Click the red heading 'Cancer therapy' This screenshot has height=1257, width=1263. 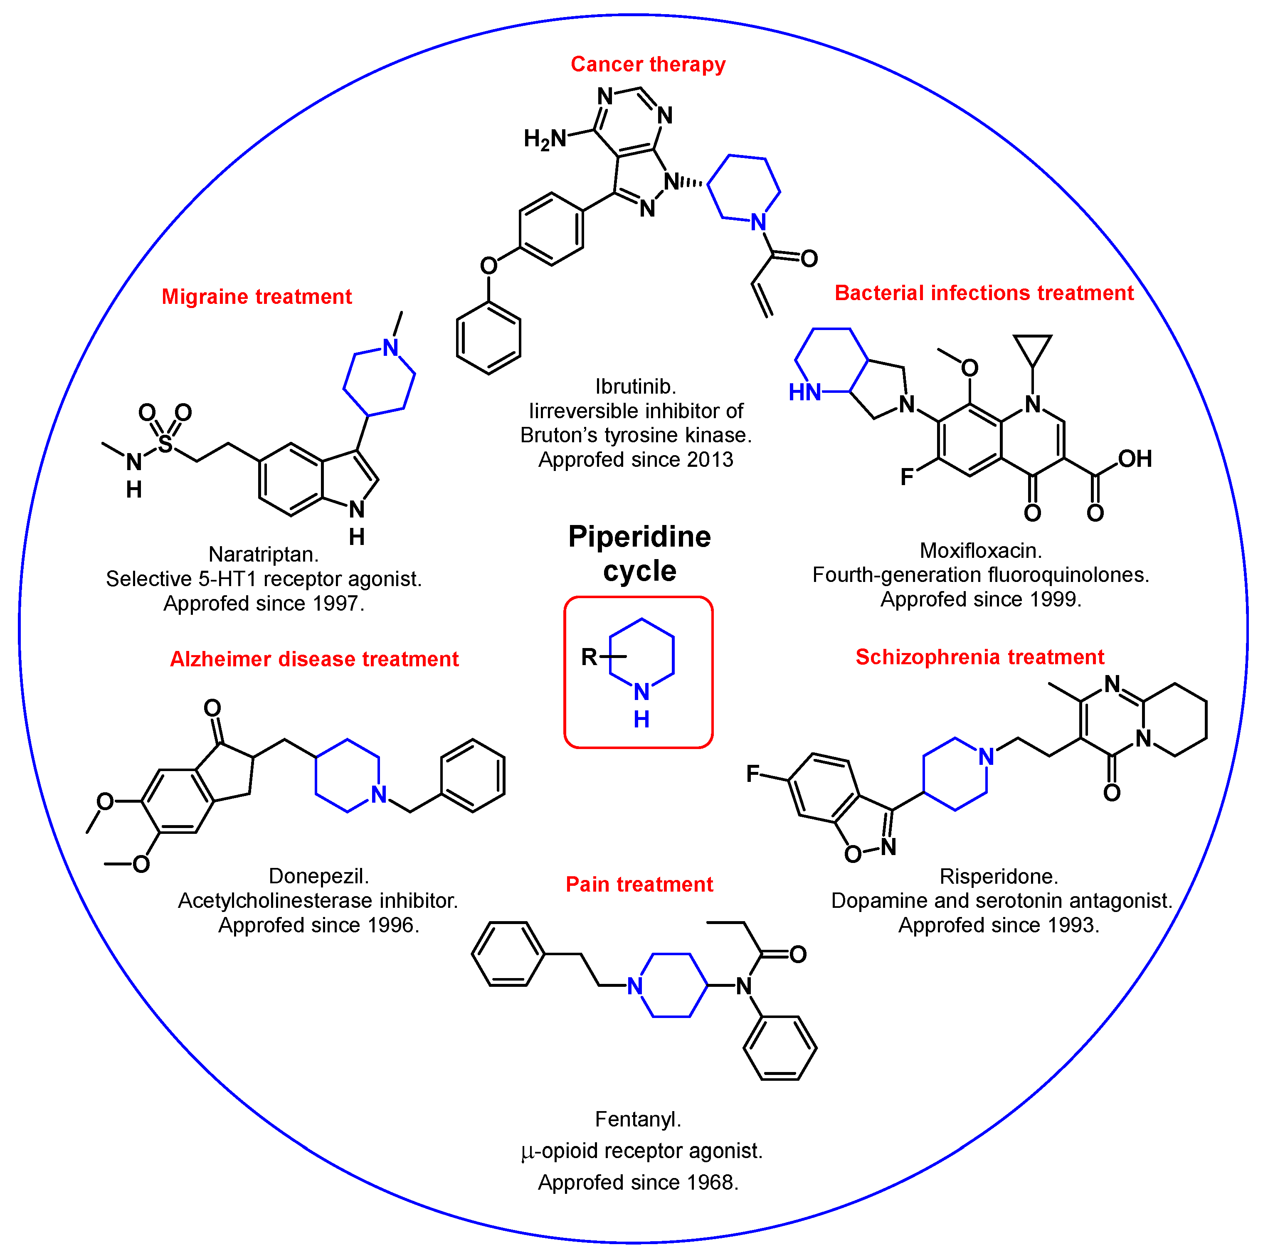(647, 64)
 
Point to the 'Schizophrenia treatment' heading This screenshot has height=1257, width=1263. (979, 657)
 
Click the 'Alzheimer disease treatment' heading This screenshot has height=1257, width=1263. (314, 659)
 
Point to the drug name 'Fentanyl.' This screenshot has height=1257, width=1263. (637, 1119)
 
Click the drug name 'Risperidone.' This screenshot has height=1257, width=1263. (998, 876)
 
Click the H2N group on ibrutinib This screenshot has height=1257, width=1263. (545, 139)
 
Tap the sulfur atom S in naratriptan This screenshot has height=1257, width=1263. (165, 444)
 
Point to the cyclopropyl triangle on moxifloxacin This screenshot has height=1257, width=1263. (1032, 348)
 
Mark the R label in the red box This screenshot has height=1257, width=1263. (589, 657)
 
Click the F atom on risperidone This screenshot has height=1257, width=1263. (752, 774)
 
